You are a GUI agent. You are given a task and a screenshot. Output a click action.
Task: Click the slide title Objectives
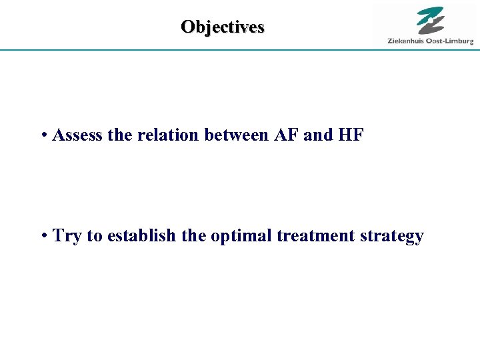223,27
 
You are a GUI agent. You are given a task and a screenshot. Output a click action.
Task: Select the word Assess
77,135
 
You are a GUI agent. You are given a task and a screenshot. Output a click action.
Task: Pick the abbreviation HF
351,135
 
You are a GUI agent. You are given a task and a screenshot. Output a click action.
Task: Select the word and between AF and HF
317,135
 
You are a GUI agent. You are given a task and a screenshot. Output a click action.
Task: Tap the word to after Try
93,237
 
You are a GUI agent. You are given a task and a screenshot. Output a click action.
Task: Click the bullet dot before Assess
43,136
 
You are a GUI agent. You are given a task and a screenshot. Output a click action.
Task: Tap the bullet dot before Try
43,237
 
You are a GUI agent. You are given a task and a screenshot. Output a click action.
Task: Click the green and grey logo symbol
431,21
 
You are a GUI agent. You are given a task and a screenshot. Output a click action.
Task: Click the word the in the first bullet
120,135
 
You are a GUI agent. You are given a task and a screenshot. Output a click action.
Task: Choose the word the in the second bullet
193,236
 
